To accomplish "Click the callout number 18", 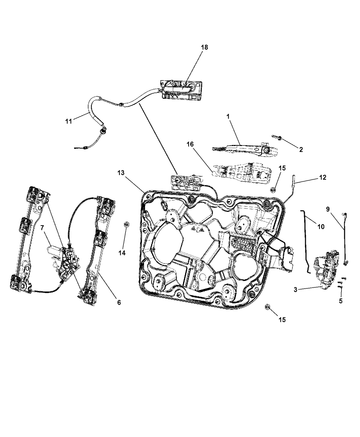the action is click(x=204, y=48).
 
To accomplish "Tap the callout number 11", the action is click(x=69, y=121).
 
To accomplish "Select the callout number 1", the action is click(x=228, y=117).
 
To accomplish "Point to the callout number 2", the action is click(x=301, y=149).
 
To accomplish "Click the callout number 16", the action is click(x=190, y=144).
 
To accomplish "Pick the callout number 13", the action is click(x=121, y=173).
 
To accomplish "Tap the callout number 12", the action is click(x=323, y=177).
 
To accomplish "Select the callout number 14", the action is click(x=122, y=253).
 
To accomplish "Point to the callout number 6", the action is click(x=119, y=302).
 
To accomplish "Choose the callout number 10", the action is click(x=321, y=227).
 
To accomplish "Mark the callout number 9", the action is click(x=328, y=209).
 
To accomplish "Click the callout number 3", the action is click(x=296, y=290).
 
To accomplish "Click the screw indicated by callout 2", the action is click(x=277, y=137).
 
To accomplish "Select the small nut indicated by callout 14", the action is click(x=127, y=224).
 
